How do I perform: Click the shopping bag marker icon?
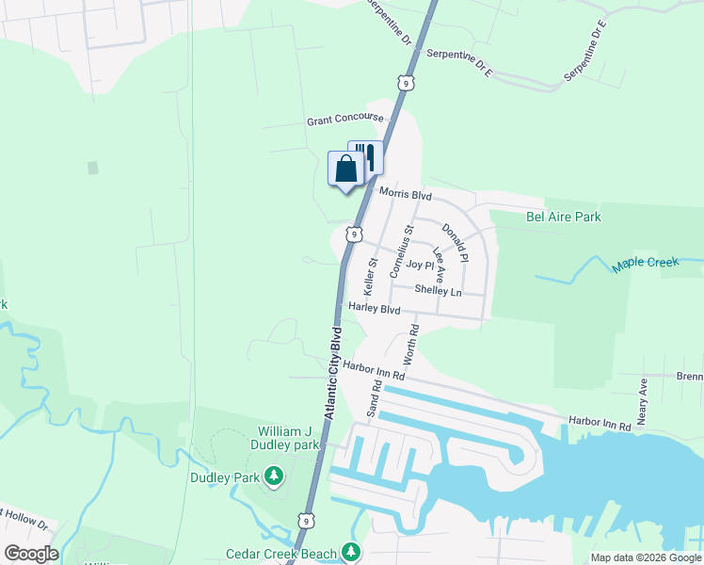(x=346, y=169)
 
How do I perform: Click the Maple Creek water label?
(x=646, y=263)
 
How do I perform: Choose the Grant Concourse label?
(x=345, y=120)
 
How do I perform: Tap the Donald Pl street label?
(x=455, y=242)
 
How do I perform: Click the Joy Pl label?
(x=420, y=266)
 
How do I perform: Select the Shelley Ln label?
(x=438, y=291)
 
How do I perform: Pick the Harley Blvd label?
(x=375, y=309)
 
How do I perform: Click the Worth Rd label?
(x=410, y=345)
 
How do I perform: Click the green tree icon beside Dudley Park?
(x=274, y=477)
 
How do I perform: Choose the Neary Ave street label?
(x=644, y=402)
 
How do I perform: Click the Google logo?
(x=32, y=554)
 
